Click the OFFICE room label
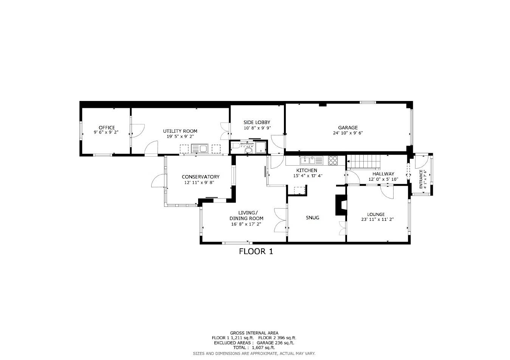(106, 128)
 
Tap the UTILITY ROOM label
(180, 131)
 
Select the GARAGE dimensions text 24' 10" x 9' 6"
(348, 133)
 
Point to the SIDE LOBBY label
(257, 123)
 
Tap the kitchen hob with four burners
(333, 160)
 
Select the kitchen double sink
(311, 160)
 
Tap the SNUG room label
(312, 217)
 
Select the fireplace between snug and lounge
(340, 205)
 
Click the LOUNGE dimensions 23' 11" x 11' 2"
(377, 219)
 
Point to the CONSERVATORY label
(200, 177)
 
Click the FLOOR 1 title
(256, 251)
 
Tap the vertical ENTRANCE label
(421, 179)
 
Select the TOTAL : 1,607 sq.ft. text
(254, 348)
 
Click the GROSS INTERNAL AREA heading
(254, 333)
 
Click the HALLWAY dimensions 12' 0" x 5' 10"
(383, 179)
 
